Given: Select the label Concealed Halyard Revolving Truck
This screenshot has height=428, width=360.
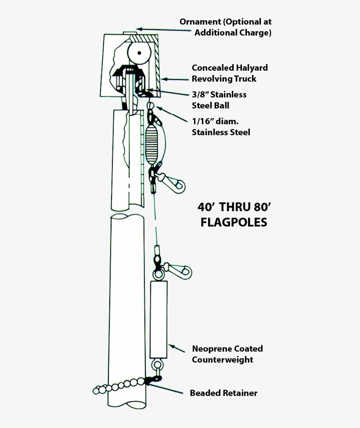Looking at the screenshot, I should tap(230, 73).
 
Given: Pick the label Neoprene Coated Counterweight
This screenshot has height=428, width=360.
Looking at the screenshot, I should tap(227, 354).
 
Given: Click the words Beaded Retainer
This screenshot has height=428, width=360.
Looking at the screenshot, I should tap(223, 393).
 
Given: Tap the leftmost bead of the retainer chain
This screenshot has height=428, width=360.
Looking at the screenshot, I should tap(96, 390).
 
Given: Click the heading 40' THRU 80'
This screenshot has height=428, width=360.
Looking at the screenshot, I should tap(232, 207).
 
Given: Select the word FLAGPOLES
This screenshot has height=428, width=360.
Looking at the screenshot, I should tap(234, 223).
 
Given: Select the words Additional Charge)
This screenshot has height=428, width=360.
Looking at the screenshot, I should tap(233, 33).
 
